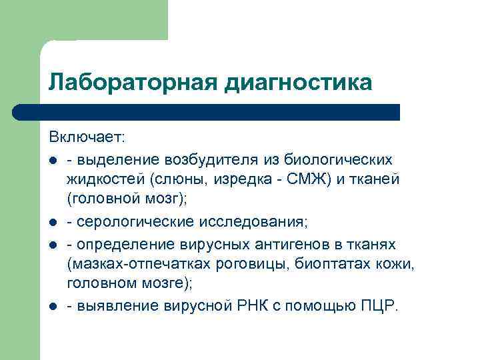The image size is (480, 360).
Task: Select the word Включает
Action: [x=86, y=137]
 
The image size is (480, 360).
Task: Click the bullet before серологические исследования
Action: [x=52, y=221]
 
